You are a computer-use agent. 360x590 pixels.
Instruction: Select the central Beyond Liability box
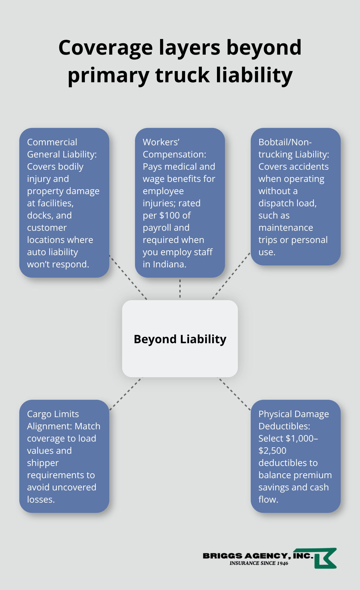click(180, 339)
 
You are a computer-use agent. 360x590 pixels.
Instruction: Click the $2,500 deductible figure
click(272, 451)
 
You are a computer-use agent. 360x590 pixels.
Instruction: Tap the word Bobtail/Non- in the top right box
click(285, 142)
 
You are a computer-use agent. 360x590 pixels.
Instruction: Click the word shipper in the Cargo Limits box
click(43, 463)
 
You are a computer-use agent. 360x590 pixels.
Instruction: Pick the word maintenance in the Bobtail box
click(285, 228)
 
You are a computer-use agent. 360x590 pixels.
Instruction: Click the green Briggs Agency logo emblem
click(325, 558)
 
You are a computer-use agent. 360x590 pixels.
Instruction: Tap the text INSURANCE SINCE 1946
click(259, 563)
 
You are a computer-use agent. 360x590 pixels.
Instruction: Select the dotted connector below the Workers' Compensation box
click(180, 288)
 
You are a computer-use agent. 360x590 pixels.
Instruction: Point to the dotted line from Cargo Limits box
click(126, 394)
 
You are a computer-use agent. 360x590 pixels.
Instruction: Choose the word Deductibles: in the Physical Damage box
click(284, 426)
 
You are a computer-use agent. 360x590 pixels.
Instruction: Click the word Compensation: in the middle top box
click(174, 154)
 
